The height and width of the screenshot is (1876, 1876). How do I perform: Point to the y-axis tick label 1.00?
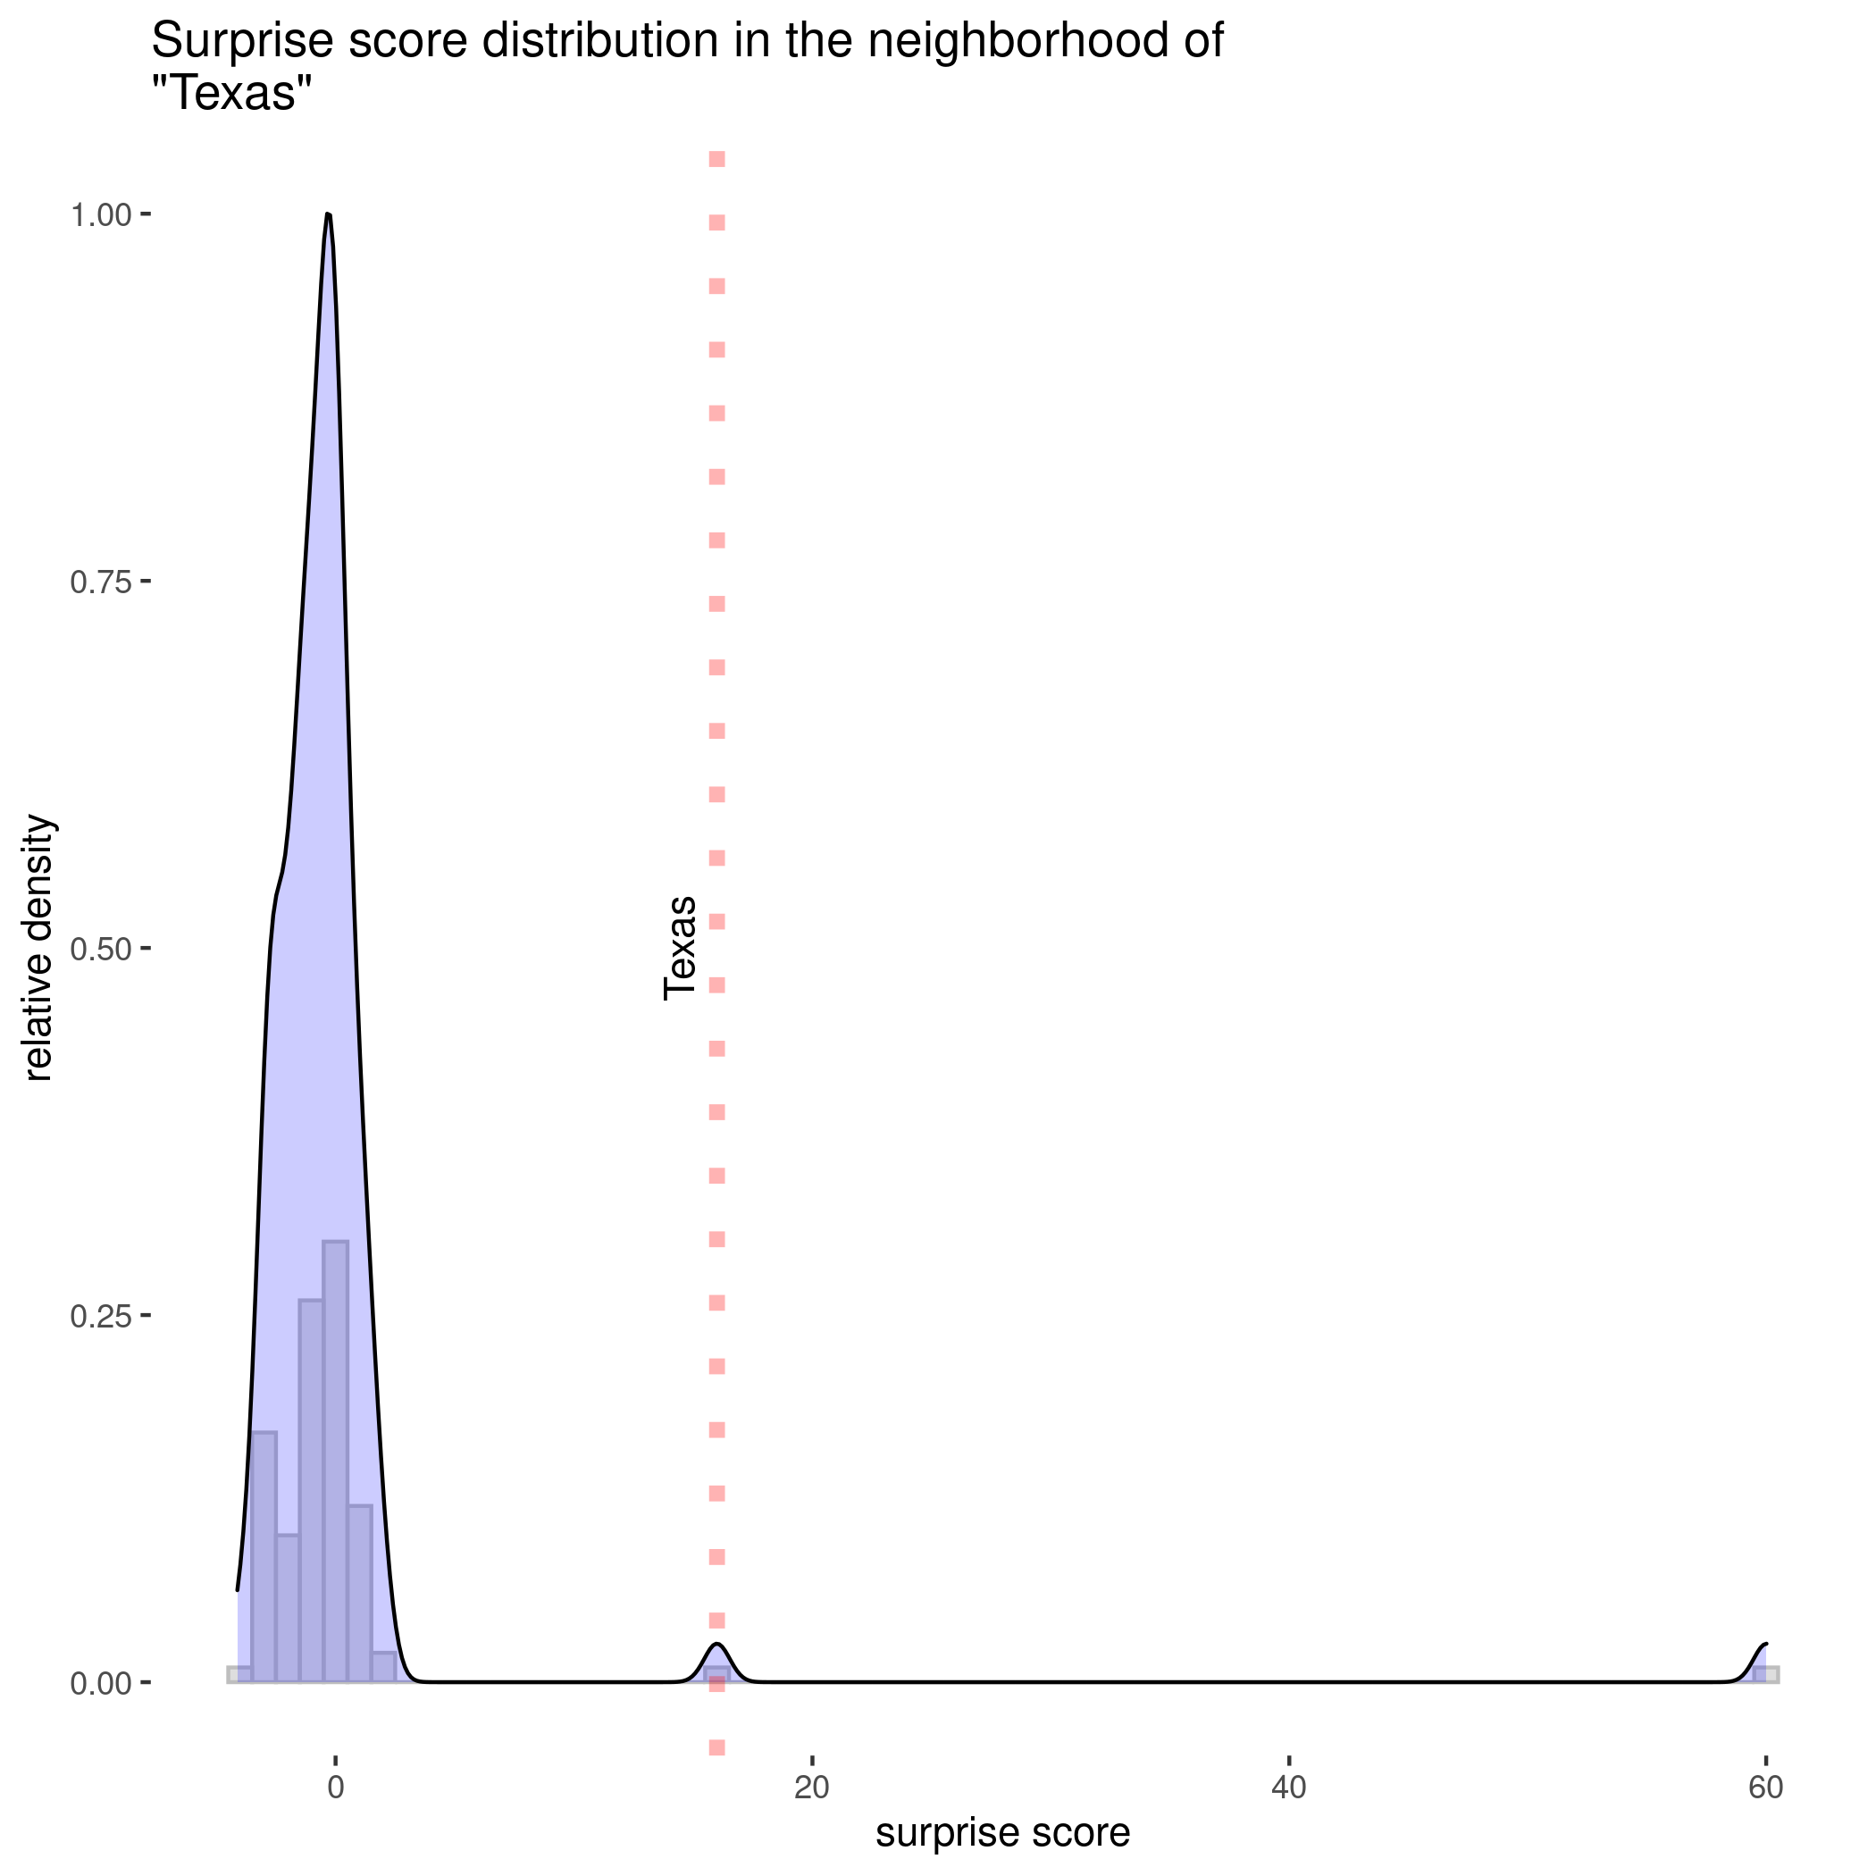100,215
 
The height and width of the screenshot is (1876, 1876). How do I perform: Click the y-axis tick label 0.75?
100,582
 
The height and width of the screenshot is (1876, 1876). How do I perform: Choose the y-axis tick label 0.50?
100,949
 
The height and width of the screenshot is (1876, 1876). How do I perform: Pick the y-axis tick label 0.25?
100,1316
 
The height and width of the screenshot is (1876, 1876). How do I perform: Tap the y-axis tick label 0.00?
100,1683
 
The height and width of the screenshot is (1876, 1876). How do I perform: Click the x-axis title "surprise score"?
1003,1832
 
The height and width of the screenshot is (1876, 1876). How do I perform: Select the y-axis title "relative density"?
38,948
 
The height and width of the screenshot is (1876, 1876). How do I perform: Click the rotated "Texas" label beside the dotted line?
680,948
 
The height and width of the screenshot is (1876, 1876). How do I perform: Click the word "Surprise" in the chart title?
248,42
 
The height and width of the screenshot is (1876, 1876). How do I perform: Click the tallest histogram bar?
335,1456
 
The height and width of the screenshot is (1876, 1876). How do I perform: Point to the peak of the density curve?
328,214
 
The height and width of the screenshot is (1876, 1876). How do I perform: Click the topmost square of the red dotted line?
716,159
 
